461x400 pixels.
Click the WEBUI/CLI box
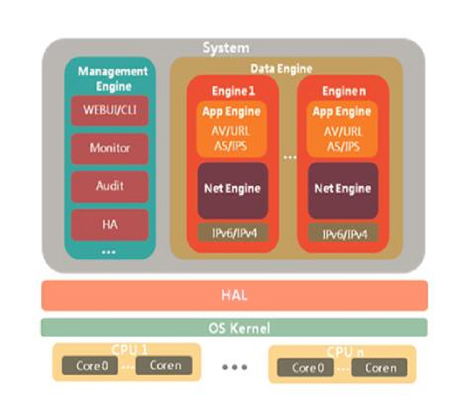(x=109, y=111)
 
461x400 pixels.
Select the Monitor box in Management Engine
(x=109, y=148)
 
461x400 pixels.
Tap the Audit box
(x=109, y=186)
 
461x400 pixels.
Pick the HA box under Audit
(x=109, y=224)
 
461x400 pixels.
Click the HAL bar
(x=234, y=295)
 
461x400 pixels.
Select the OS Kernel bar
(x=234, y=327)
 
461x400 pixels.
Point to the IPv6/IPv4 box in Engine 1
(x=232, y=233)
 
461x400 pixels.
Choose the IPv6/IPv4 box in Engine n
(x=342, y=233)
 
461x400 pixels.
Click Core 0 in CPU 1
(x=92, y=366)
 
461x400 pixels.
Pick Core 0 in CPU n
(x=308, y=368)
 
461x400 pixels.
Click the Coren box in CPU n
(x=380, y=368)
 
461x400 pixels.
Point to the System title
(x=226, y=48)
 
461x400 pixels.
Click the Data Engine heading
(x=281, y=68)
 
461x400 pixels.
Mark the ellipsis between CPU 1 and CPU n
(x=235, y=367)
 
